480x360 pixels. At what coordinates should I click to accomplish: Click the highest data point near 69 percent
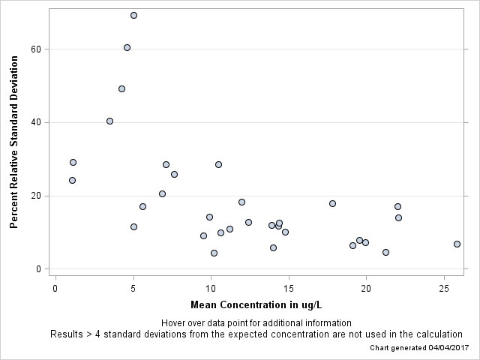click(x=133, y=15)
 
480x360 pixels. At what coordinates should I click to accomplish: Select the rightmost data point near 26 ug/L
click(x=457, y=244)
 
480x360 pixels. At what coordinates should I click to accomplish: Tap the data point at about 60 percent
click(x=127, y=47)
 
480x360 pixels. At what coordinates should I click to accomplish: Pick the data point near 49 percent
click(x=121, y=88)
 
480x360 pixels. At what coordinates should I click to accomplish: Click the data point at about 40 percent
click(x=109, y=121)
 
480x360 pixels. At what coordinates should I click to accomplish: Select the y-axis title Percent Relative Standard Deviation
click(x=13, y=141)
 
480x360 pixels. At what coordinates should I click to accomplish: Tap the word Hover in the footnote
click(x=174, y=322)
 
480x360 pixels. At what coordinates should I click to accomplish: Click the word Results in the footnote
click(x=67, y=334)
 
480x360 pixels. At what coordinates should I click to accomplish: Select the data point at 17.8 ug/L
click(x=332, y=203)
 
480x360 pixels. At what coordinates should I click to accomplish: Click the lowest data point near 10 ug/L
click(x=214, y=253)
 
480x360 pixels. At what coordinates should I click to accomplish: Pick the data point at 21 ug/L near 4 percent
click(x=385, y=252)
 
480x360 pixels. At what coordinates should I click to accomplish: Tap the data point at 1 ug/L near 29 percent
click(x=73, y=162)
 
